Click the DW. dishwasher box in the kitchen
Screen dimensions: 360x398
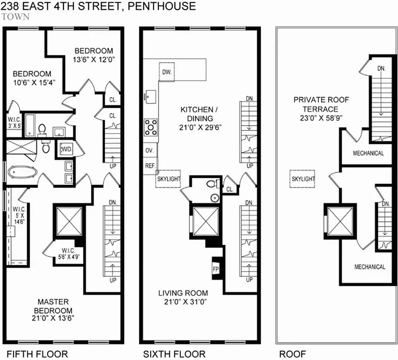(x=166, y=72)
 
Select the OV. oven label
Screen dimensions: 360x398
(x=149, y=150)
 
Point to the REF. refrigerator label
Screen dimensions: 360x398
(x=150, y=166)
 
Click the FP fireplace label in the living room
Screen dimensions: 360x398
(x=215, y=269)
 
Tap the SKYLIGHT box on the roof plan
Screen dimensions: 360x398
(x=303, y=179)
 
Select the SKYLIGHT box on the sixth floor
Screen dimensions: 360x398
(x=168, y=179)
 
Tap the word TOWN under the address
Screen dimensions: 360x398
(x=16, y=17)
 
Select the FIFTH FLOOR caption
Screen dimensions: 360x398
(x=37, y=354)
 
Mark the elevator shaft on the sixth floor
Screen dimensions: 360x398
(x=205, y=220)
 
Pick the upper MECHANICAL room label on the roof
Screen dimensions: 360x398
(x=368, y=153)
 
